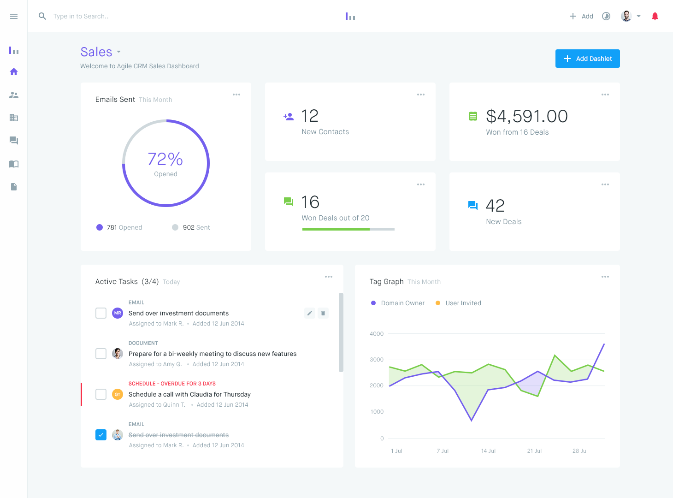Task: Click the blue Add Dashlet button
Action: (x=587, y=59)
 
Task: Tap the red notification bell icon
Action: (x=655, y=17)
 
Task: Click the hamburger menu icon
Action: (x=14, y=17)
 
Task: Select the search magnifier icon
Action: (x=42, y=16)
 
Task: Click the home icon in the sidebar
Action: (x=14, y=72)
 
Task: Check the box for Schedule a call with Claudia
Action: (x=101, y=394)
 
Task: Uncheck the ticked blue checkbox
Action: (x=101, y=435)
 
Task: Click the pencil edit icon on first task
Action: (x=310, y=314)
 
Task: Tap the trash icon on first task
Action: (x=323, y=314)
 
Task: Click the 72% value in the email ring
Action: (x=165, y=160)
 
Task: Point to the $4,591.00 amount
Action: (x=527, y=117)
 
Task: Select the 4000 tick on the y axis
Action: (x=377, y=334)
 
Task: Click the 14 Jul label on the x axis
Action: (x=488, y=451)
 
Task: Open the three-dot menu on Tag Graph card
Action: (x=605, y=277)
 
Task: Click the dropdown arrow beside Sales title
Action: (x=119, y=52)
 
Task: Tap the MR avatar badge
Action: (x=118, y=313)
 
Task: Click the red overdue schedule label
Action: (x=172, y=384)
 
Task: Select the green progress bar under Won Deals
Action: (x=336, y=229)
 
